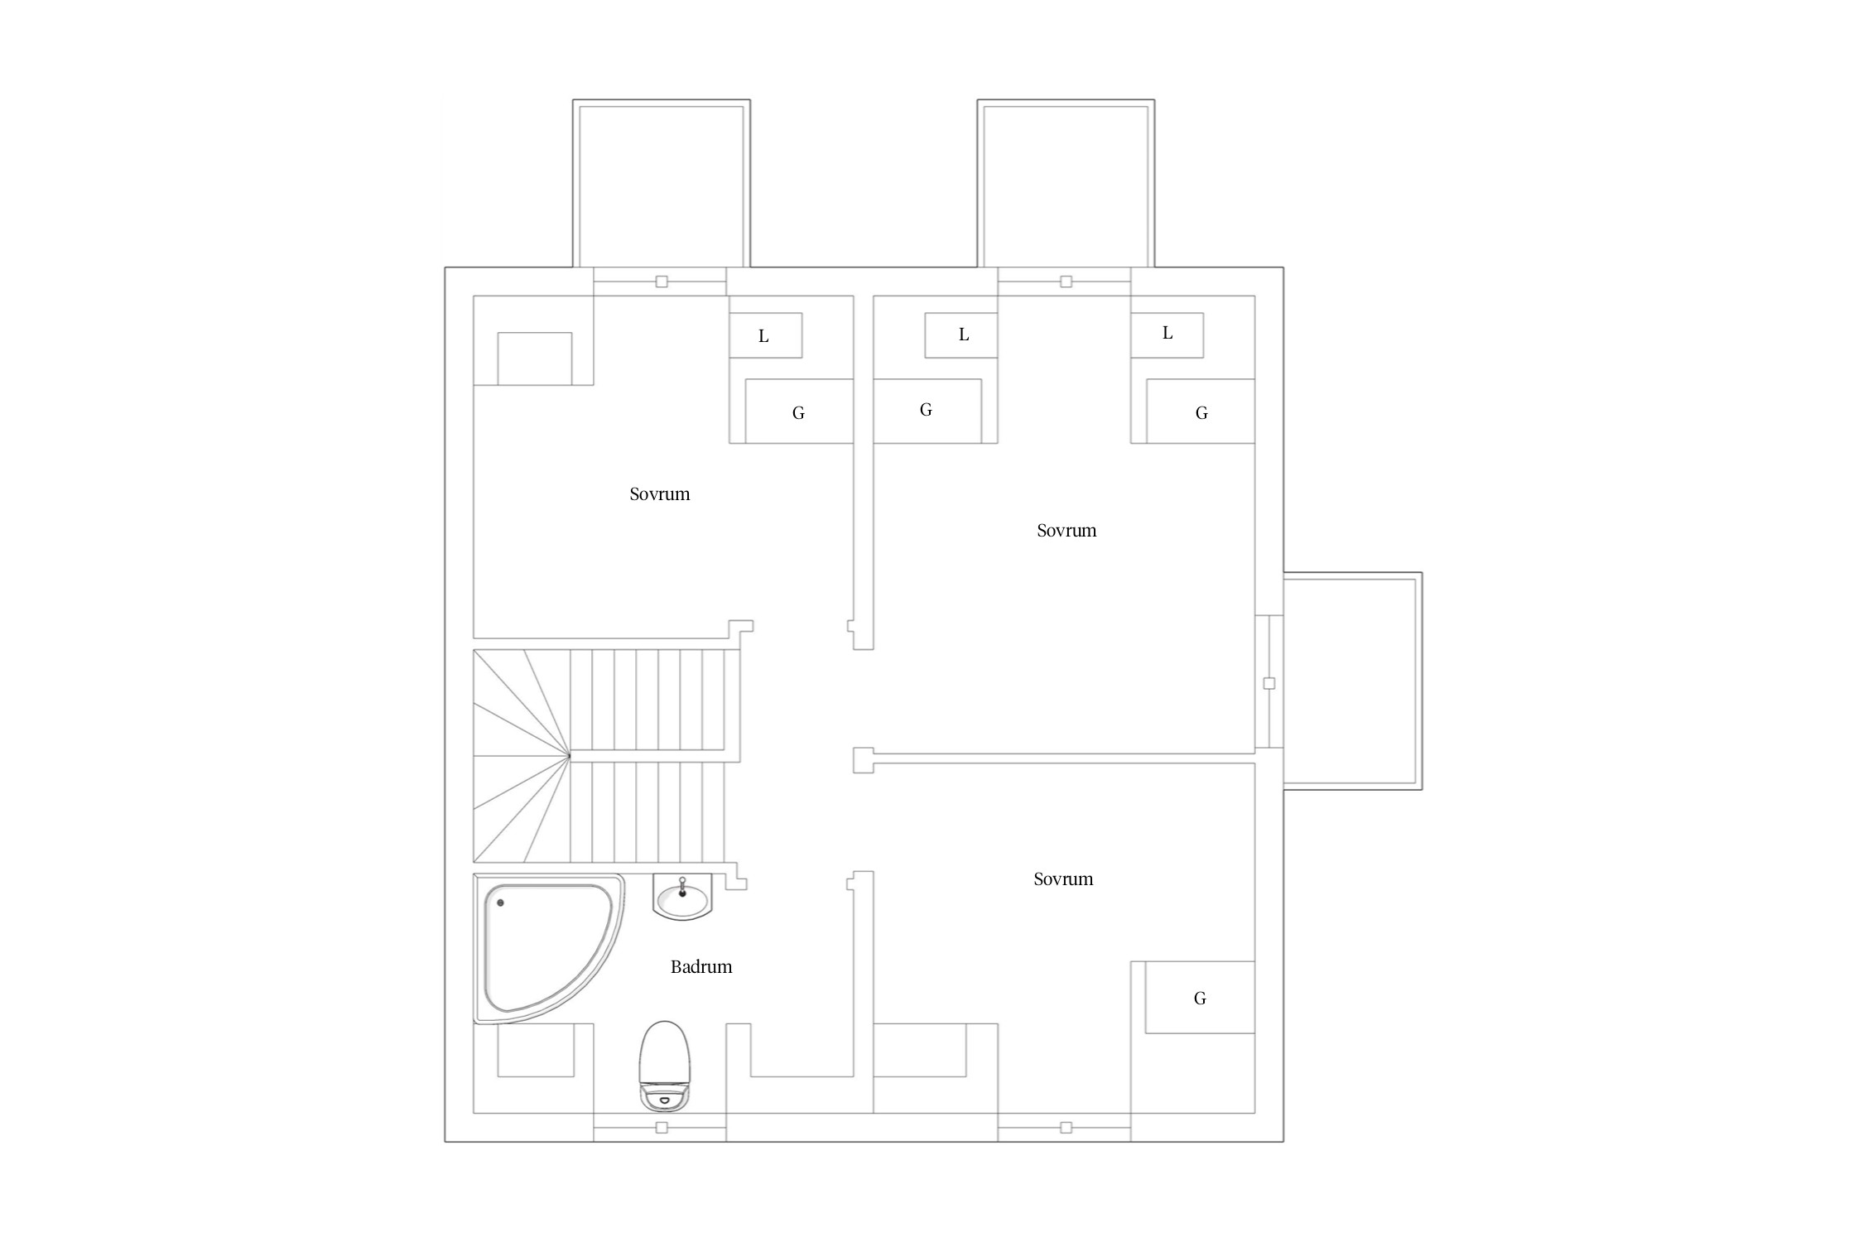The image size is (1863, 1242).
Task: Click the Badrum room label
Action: point(701,967)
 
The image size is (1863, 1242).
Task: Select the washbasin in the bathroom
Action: point(682,897)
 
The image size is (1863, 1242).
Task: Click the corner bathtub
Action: point(546,948)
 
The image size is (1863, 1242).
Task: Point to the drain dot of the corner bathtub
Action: point(500,903)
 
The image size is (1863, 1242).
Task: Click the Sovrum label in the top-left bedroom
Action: point(660,494)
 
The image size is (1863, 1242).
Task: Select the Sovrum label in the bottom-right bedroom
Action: point(1063,879)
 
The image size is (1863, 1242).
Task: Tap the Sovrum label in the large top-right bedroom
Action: point(1066,531)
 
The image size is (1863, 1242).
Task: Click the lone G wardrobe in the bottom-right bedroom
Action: point(1200,997)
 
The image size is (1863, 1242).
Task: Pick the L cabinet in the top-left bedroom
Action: point(765,335)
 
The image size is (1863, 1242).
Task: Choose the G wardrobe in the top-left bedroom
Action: point(799,412)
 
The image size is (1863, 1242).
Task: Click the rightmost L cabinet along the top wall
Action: point(1167,335)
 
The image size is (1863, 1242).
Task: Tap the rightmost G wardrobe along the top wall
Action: point(1201,412)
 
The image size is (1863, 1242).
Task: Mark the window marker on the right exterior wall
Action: point(1269,683)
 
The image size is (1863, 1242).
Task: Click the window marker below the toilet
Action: point(662,1128)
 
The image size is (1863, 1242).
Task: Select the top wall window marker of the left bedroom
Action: point(662,282)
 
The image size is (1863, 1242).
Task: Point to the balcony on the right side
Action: point(1353,681)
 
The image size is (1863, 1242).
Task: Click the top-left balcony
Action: point(662,184)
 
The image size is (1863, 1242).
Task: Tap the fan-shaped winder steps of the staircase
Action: point(522,756)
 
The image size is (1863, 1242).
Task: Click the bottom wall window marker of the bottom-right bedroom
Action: point(1066,1128)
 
